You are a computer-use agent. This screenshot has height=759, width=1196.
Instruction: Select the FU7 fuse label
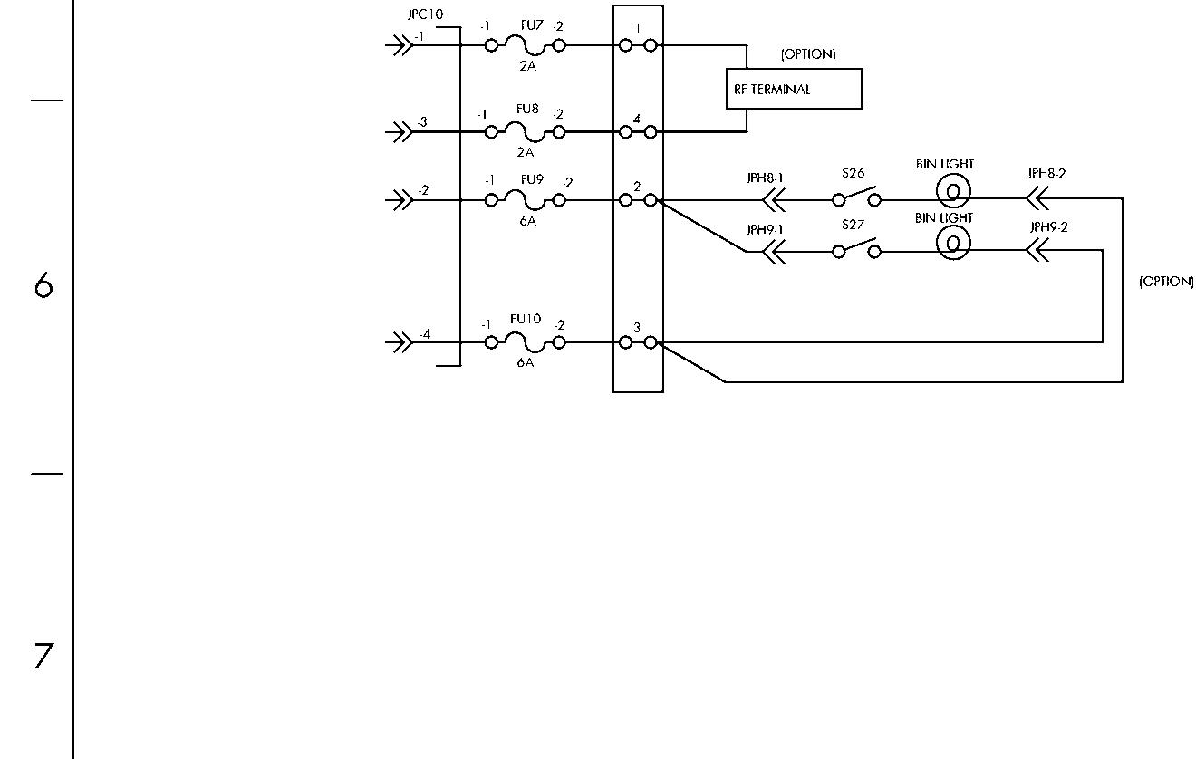click(532, 25)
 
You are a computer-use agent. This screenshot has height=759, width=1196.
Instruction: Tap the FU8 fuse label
click(527, 109)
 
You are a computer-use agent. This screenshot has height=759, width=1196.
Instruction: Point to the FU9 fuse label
click(532, 179)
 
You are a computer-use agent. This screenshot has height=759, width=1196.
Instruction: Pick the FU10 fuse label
click(526, 319)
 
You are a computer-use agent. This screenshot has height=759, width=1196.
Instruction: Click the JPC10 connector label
click(426, 14)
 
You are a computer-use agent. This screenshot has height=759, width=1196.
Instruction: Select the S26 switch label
click(853, 173)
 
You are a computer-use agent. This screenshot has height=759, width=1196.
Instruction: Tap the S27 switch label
click(853, 225)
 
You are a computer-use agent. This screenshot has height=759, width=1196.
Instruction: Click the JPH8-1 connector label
click(765, 178)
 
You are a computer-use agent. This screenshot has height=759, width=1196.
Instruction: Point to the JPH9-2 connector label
click(1048, 227)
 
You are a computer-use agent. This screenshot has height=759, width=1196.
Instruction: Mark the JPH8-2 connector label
click(1046, 174)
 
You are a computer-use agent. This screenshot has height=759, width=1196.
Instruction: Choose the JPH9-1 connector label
click(765, 229)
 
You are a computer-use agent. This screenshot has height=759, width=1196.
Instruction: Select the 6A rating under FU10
click(525, 362)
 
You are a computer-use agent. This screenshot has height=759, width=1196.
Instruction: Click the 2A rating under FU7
click(527, 65)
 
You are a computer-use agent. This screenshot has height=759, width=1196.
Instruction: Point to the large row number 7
click(43, 656)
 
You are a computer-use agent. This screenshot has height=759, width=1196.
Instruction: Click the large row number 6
click(43, 284)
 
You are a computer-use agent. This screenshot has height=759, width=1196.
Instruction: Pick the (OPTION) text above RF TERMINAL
click(808, 54)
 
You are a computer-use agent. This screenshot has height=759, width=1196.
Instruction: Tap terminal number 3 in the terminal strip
click(636, 328)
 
